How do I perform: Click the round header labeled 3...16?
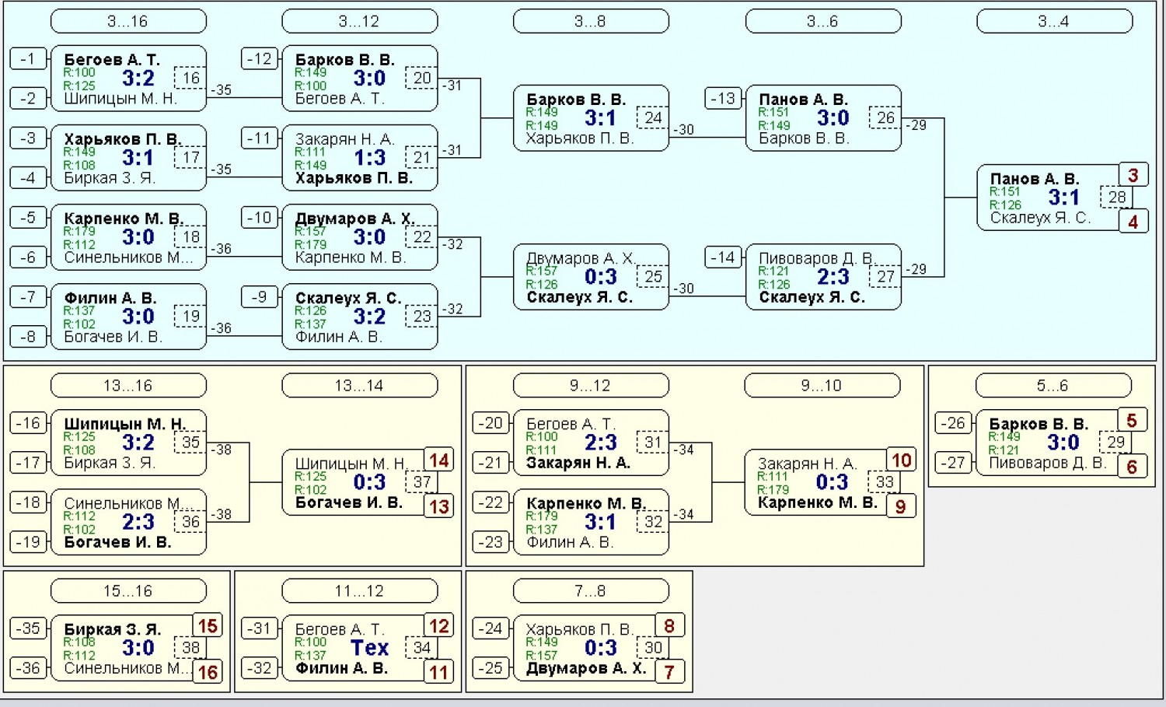click(x=128, y=21)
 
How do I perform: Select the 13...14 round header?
click(x=360, y=386)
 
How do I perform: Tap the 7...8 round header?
click(x=591, y=591)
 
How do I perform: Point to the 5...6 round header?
click(x=1053, y=386)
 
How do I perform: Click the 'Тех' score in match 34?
click(x=369, y=648)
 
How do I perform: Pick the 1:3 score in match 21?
click(x=369, y=157)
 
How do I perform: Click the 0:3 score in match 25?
click(x=601, y=277)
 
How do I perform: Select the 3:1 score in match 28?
click(x=1064, y=198)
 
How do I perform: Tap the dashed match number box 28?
click(x=1116, y=197)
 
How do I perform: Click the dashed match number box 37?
click(x=421, y=482)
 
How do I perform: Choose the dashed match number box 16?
click(x=190, y=78)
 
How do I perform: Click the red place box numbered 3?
click(x=1133, y=175)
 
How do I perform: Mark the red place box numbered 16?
click(x=208, y=672)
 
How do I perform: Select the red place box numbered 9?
click(x=901, y=506)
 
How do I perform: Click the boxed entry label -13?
click(x=723, y=99)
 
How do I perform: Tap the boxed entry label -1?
click(x=28, y=59)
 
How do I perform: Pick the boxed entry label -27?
click(x=953, y=463)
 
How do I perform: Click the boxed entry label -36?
click(x=28, y=668)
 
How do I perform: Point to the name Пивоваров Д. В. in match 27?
click(x=817, y=258)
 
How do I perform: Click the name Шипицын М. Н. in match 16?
click(x=120, y=99)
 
